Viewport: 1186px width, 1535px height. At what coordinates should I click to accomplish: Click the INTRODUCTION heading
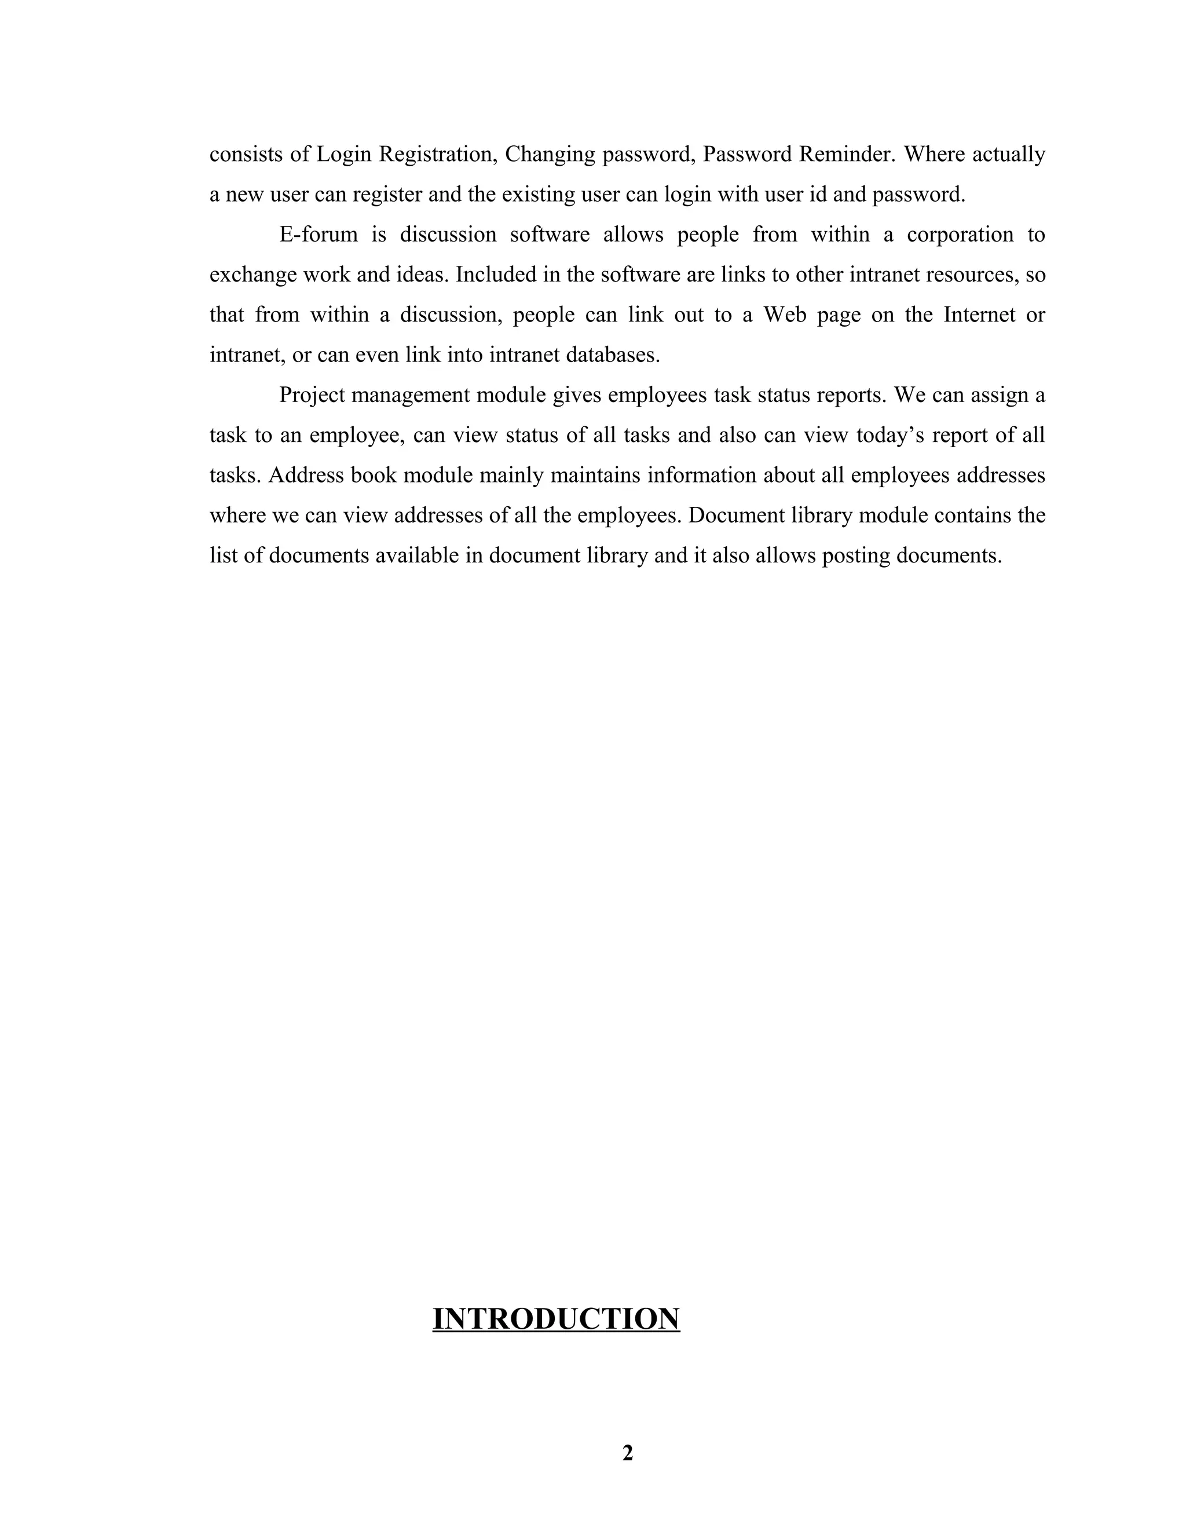pos(556,1318)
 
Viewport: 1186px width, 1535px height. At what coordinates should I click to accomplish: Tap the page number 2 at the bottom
pos(627,1452)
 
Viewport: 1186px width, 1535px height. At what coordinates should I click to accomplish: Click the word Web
pos(784,314)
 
